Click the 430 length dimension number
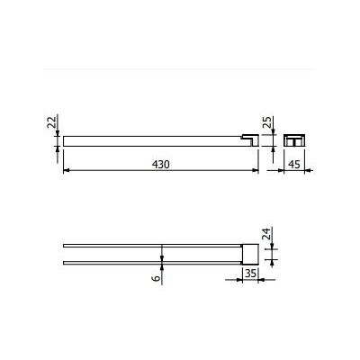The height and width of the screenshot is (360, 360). click(161, 165)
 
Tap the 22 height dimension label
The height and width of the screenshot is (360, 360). click(51, 122)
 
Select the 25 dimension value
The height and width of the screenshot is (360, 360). click(267, 122)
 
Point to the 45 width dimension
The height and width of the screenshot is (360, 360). click(294, 165)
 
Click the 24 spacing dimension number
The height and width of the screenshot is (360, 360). click(266, 233)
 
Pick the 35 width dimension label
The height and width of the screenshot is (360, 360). click(250, 274)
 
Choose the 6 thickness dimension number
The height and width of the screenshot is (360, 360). click(156, 278)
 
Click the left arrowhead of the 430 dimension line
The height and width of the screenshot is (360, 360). click(67, 170)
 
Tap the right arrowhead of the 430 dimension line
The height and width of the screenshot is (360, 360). click(256, 170)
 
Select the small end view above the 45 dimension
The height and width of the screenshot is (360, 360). click(294, 140)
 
